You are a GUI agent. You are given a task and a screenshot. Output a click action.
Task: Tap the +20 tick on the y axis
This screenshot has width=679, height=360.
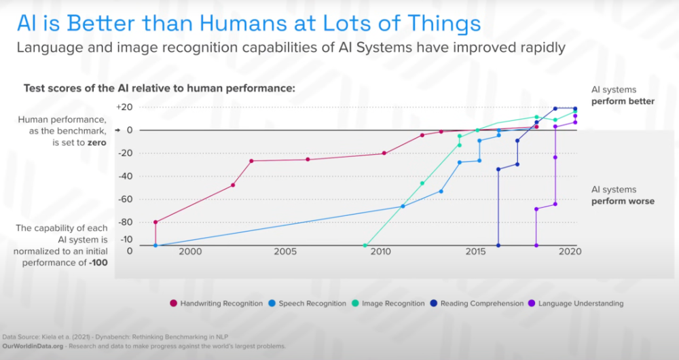[124, 107]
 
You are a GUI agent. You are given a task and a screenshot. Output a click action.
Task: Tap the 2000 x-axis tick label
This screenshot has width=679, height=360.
[189, 252]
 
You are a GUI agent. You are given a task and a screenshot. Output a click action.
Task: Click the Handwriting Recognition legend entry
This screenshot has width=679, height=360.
[217, 304]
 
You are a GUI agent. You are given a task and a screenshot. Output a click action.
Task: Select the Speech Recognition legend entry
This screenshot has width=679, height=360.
[307, 304]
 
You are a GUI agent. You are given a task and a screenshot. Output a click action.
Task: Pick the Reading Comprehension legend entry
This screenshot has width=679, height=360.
[477, 304]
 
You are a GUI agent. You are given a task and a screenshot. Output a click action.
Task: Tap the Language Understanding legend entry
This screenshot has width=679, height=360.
[576, 304]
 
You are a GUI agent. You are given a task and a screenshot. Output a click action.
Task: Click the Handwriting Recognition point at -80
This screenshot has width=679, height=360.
[155, 222]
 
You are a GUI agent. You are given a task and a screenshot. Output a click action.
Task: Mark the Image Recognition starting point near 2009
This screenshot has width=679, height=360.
[365, 246]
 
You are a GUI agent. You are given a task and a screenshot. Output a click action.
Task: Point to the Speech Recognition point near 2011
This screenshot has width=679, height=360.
[403, 206]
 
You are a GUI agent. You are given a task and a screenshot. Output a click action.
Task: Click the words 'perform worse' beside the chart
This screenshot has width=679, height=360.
[623, 202]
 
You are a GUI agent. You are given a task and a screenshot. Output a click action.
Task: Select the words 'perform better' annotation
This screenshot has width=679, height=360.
[623, 101]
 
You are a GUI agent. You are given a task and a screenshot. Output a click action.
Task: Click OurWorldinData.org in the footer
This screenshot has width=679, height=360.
[33, 346]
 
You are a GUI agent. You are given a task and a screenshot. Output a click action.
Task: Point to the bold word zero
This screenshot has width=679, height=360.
[96, 143]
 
